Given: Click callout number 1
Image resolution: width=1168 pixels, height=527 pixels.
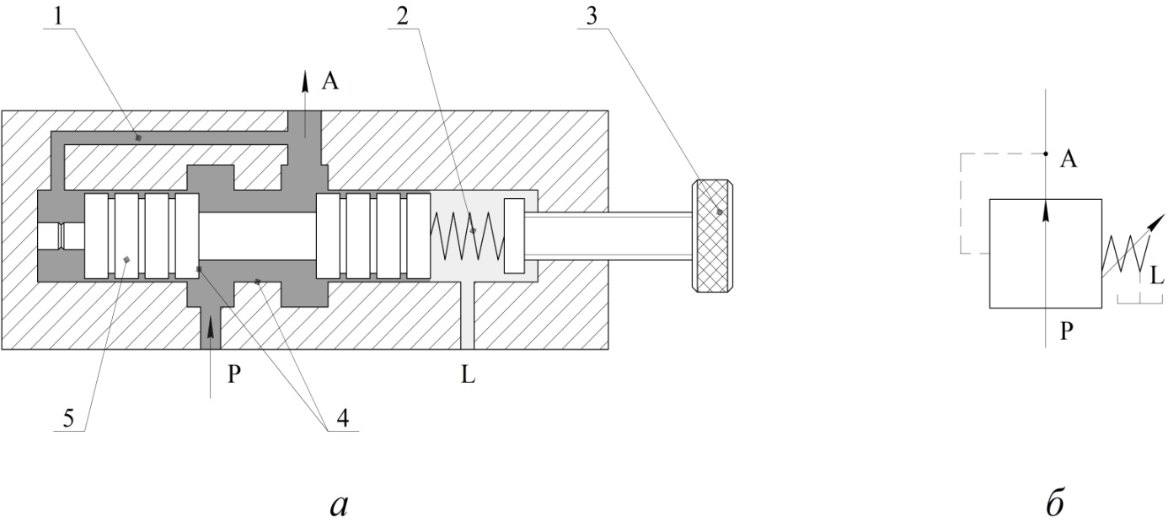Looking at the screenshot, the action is tap(58, 17).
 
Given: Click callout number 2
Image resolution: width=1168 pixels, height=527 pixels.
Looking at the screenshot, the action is tap(402, 17).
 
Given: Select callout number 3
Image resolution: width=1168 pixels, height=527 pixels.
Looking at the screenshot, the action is tap(592, 17).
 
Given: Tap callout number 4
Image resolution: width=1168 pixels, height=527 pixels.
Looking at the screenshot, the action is tap(343, 418).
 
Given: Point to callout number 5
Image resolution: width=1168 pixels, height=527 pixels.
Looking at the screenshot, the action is tap(69, 418).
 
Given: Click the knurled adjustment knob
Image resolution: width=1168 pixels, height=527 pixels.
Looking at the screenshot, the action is tap(712, 235).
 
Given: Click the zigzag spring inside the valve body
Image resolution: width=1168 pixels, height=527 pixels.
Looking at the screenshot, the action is tap(467, 235).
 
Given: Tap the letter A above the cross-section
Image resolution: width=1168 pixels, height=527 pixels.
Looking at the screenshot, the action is tap(330, 82).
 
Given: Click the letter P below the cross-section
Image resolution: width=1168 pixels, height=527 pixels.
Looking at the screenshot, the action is tap(234, 374).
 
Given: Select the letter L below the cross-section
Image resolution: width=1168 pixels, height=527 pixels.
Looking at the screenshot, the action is tap(468, 374).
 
